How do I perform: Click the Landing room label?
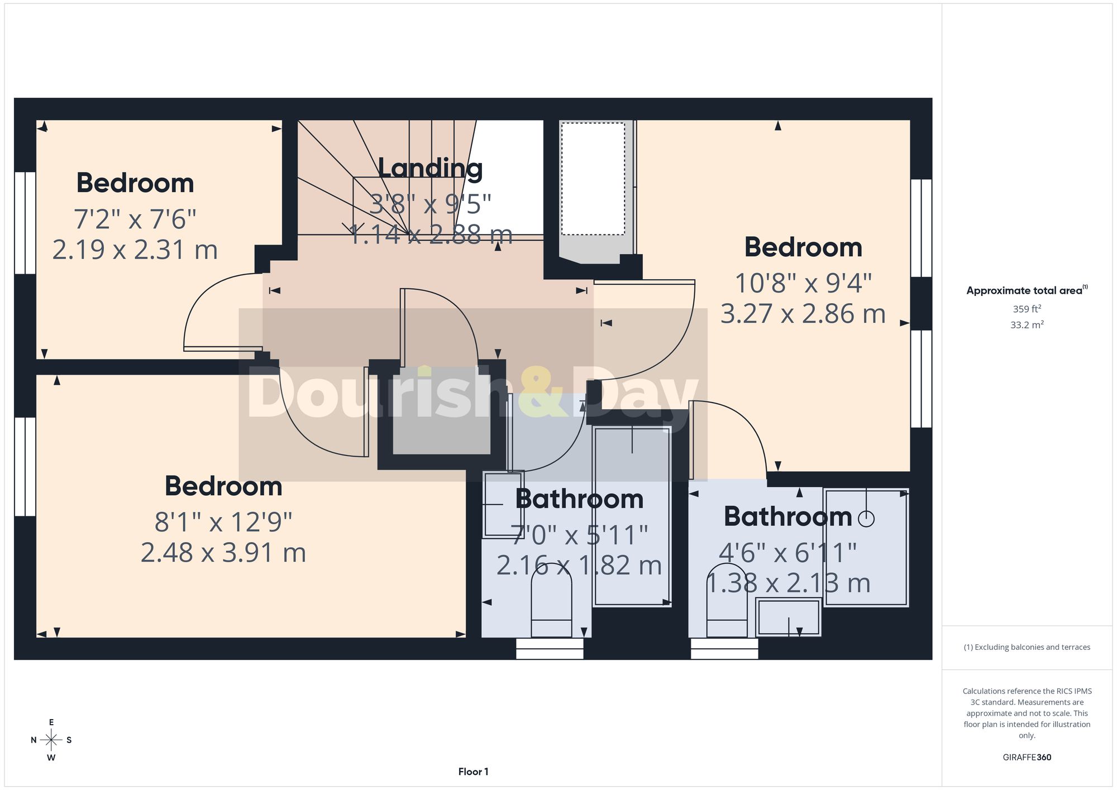[430, 168]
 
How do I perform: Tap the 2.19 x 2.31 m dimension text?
[135, 250]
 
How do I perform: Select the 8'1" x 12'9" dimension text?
[223, 522]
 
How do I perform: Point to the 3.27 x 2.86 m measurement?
[803, 314]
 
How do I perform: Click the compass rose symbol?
[51, 740]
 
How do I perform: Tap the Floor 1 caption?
[473, 772]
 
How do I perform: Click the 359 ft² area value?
[1027, 309]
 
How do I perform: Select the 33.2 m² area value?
[1027, 324]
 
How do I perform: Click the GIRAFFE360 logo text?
[1027, 757]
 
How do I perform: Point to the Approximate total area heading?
[1027, 290]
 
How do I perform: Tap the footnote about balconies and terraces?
[1027, 647]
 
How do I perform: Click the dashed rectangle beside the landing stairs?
[593, 179]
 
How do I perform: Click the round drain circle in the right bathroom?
[866, 519]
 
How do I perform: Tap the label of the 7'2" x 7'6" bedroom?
[135, 183]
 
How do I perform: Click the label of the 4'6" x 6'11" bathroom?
[787, 516]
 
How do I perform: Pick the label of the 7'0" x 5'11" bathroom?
[579, 499]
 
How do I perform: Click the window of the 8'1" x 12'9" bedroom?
[25, 466]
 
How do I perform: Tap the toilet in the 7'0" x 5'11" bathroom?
[551, 600]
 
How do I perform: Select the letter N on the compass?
[34, 740]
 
